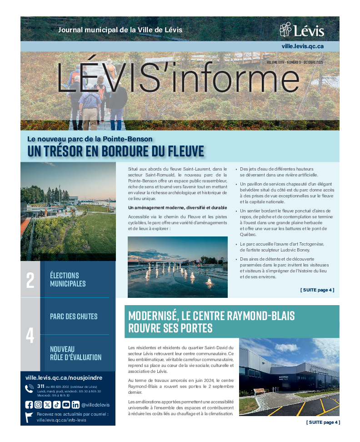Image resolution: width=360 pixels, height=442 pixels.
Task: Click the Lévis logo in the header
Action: (x=302, y=30)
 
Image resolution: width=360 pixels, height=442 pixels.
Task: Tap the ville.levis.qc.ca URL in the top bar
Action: (x=302, y=46)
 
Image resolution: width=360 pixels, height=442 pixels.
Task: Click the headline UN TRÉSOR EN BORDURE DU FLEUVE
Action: (x=116, y=151)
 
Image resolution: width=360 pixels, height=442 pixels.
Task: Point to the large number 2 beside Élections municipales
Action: (x=30, y=280)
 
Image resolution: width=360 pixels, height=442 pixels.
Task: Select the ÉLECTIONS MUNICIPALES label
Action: (x=68, y=279)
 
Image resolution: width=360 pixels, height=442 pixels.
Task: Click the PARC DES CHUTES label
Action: (x=74, y=316)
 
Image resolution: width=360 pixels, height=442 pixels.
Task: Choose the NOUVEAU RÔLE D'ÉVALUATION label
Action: (x=75, y=353)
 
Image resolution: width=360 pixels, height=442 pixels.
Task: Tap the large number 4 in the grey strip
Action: (x=30, y=335)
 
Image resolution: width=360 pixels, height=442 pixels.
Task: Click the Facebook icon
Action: (x=29, y=404)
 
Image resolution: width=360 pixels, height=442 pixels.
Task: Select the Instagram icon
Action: (x=38, y=404)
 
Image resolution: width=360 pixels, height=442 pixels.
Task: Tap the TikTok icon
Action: (x=56, y=404)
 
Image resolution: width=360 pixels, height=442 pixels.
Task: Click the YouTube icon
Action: (x=66, y=404)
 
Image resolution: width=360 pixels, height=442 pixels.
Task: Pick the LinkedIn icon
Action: (x=75, y=404)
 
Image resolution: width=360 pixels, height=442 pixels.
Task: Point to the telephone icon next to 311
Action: (x=30, y=388)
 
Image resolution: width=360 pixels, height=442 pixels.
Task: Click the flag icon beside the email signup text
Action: (x=29, y=417)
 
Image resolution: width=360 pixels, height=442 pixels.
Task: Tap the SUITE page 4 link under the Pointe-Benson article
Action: (x=317, y=290)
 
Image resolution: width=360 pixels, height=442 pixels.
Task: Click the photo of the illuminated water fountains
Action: (x=177, y=266)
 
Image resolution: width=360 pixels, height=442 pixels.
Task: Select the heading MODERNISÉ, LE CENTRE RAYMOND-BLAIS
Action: (x=212, y=321)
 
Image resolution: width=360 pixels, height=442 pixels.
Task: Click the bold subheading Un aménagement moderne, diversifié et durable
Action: (x=177, y=208)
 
